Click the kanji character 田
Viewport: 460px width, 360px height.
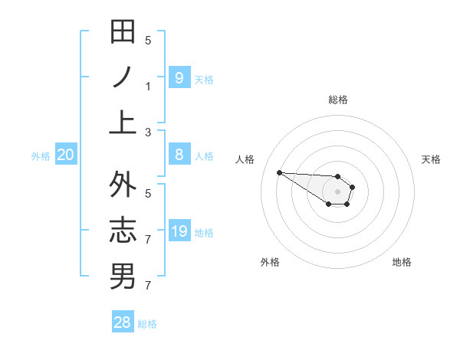point(123,32)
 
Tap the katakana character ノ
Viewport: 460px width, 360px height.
point(123,77)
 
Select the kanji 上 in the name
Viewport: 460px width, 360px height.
point(123,121)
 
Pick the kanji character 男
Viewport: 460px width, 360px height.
point(123,276)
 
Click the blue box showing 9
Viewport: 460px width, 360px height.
point(179,77)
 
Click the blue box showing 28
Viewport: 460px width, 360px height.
point(123,322)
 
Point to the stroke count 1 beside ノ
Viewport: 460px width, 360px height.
point(148,86)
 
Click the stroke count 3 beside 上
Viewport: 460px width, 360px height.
point(148,132)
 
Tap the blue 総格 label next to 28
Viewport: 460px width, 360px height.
point(147,324)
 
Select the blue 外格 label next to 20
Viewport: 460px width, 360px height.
point(41,156)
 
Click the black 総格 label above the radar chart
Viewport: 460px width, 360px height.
point(337,100)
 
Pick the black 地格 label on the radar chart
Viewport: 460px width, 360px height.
point(402,262)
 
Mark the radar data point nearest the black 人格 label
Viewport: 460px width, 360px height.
point(279,172)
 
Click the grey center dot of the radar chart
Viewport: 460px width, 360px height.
point(337,191)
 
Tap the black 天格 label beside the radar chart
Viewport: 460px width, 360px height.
point(432,159)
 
